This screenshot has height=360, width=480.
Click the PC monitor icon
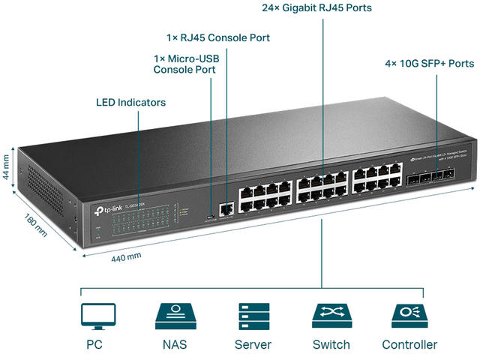98,316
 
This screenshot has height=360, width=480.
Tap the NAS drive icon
175,316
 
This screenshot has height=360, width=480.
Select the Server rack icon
253,316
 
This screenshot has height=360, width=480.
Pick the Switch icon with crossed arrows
331,316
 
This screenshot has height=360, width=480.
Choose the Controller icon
409,316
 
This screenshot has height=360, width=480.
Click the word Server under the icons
253,345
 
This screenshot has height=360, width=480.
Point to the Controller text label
409,345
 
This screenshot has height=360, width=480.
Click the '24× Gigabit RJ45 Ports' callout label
316,8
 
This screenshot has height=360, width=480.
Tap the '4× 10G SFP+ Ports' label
424,64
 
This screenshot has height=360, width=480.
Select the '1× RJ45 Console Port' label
218,37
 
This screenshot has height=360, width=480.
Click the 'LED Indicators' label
131,102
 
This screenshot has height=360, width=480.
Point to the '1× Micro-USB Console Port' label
184,64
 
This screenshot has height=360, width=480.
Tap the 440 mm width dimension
125,256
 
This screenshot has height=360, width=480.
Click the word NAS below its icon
175,345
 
